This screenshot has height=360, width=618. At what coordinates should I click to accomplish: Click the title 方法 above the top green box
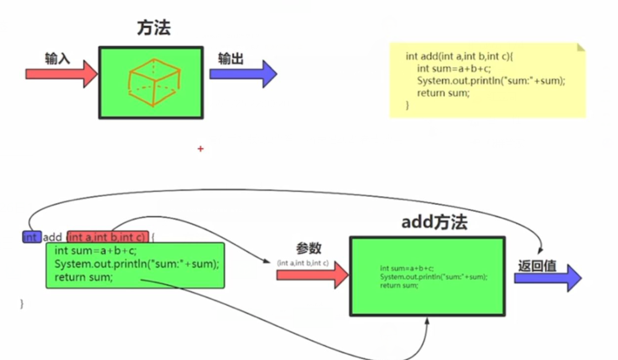point(154,28)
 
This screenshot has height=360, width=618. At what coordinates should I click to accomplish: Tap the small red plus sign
point(200,149)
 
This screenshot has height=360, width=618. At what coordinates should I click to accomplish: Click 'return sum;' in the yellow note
point(443,93)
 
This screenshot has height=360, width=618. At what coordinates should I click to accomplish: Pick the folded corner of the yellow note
point(580,47)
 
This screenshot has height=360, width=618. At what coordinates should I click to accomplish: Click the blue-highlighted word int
point(31,237)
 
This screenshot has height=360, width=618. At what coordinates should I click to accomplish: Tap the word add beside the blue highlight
point(53,237)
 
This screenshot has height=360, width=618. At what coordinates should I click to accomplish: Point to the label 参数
point(308,248)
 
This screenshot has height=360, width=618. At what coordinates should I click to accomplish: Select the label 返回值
point(537,266)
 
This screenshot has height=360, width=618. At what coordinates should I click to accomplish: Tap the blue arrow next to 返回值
point(548,278)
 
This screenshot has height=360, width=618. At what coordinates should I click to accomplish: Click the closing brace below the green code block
point(22,304)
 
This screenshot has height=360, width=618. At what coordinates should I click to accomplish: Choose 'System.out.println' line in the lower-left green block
point(136,264)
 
